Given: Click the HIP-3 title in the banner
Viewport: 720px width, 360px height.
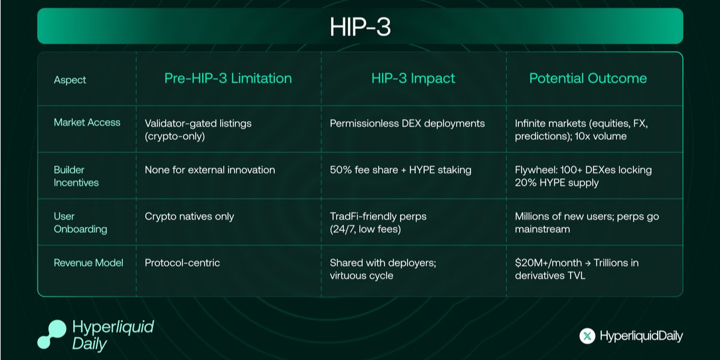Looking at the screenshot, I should click(x=360, y=27).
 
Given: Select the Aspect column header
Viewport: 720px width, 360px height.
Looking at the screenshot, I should click(x=70, y=80).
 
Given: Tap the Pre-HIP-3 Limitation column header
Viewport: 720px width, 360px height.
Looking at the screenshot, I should click(x=228, y=79).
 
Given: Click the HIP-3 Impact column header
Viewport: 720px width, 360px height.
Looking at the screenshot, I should click(x=413, y=79).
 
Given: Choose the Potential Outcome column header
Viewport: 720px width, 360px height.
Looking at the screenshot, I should click(x=588, y=79).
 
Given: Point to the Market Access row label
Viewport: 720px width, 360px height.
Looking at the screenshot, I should click(x=87, y=122).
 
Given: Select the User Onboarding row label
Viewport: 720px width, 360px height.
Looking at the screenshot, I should click(x=80, y=222).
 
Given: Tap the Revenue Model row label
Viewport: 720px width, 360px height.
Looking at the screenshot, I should click(x=88, y=263).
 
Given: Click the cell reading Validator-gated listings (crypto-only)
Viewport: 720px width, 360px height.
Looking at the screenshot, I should click(x=198, y=130).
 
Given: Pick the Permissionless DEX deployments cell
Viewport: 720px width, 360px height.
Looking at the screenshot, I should click(x=407, y=124).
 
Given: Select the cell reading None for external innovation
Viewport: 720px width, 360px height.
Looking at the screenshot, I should click(x=210, y=170).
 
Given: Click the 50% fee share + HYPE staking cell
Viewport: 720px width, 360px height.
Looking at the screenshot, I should click(x=401, y=170).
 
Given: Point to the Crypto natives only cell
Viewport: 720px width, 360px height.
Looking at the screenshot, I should click(x=190, y=216).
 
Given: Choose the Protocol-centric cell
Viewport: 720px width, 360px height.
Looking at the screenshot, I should click(x=182, y=263).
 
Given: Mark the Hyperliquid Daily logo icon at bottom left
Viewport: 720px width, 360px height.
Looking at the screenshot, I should click(x=52, y=334).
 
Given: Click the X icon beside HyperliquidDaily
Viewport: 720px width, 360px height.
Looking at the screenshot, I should click(x=587, y=337).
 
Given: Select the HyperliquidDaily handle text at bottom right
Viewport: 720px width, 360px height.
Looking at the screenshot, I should click(x=641, y=337).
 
